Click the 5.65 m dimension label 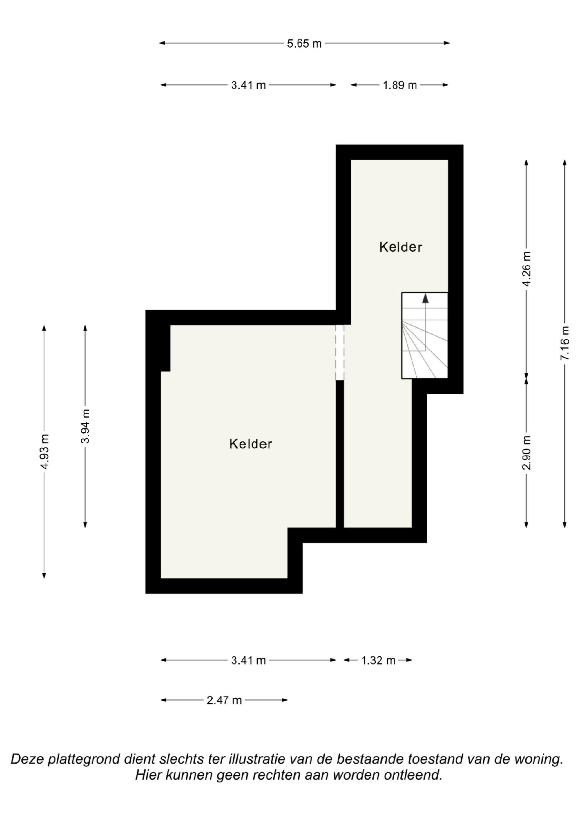[x=304, y=44]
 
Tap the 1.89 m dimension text [x=400, y=85]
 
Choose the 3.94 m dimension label [x=86, y=426]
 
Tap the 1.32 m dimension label [x=378, y=661]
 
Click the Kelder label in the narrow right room [x=400, y=247]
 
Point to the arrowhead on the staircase [x=425, y=299]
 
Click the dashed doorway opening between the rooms [x=340, y=352]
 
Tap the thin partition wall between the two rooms [x=340, y=454]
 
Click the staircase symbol [x=425, y=335]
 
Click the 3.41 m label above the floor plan [x=249, y=85]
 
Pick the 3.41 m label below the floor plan [x=249, y=661]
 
